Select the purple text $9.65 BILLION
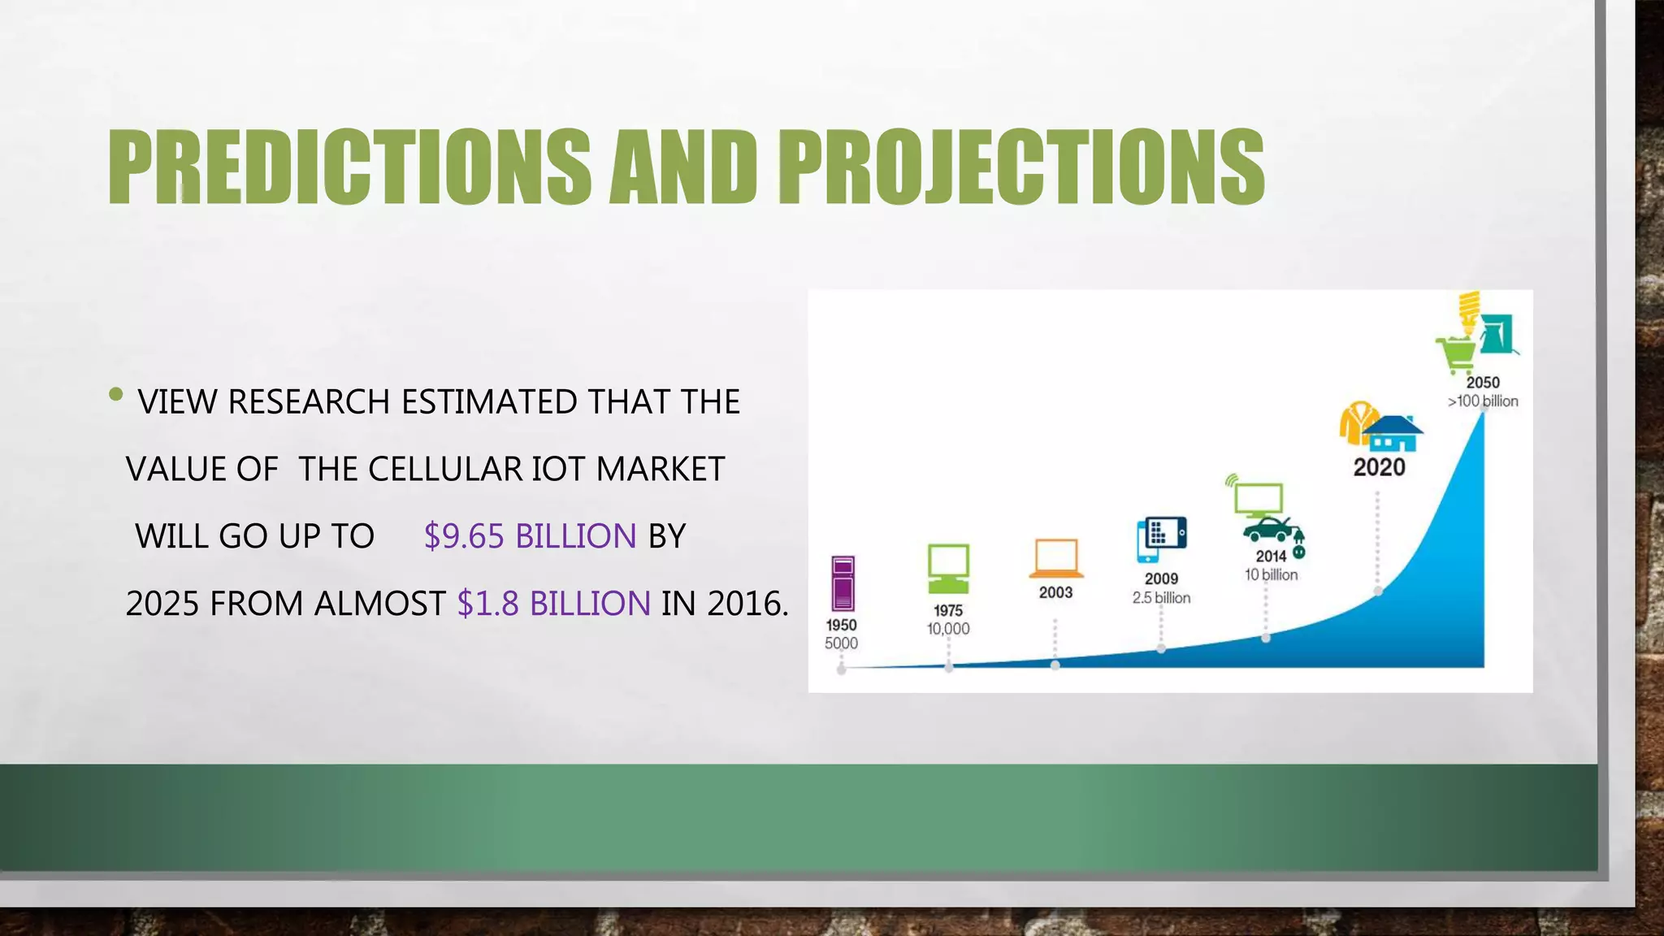point(530,536)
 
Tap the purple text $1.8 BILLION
point(553,604)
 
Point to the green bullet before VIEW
point(115,395)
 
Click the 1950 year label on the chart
point(841,625)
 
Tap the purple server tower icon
point(843,583)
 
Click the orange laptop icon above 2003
point(1055,558)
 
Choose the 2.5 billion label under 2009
point(1161,598)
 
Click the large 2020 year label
point(1379,467)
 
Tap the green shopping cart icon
point(1455,354)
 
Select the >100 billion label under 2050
point(1483,401)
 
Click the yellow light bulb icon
point(1469,312)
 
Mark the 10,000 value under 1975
point(948,629)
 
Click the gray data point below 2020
point(1378,591)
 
